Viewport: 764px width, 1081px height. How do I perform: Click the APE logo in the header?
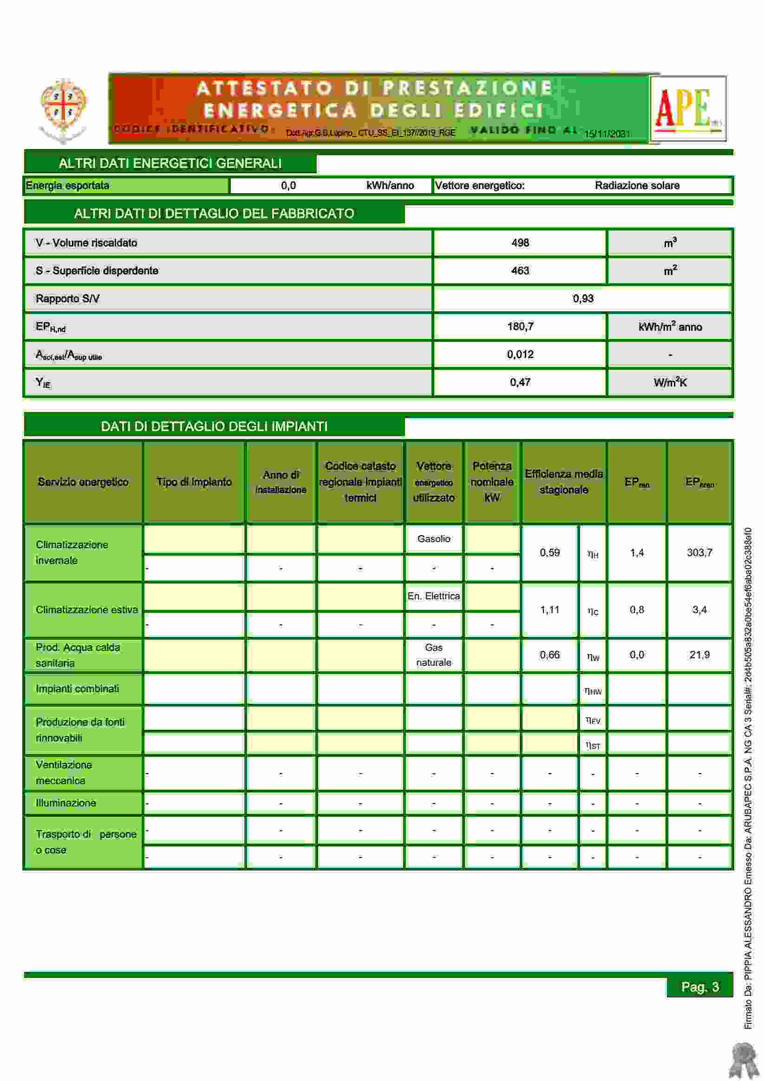coord(688,109)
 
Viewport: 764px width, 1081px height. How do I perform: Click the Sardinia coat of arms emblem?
coord(63,109)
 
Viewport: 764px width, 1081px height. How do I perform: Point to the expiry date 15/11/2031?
coord(607,134)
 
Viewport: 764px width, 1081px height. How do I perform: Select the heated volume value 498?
coord(520,243)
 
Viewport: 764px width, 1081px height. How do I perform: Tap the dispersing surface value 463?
coord(520,271)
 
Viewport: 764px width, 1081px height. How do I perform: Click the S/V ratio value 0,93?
coord(583,299)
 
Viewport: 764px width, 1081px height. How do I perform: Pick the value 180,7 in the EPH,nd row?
coord(520,326)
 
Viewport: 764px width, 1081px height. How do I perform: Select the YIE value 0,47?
coord(520,382)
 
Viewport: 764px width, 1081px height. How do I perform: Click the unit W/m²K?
coord(670,382)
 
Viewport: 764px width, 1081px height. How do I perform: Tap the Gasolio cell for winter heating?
coord(433,538)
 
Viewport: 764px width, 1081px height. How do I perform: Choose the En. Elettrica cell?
coord(433,596)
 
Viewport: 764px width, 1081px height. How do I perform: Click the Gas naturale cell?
coord(433,655)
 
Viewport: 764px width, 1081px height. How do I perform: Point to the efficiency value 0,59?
coord(549,552)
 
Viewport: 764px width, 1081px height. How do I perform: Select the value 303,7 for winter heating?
coord(699,552)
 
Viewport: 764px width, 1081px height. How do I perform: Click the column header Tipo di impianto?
coord(194,482)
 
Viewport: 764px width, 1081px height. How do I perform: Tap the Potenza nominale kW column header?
coord(492,482)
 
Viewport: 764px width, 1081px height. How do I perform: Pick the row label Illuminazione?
coord(66,803)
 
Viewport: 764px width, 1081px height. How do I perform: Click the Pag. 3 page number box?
coord(700,987)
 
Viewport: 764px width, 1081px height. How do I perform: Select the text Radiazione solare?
coord(637,185)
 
